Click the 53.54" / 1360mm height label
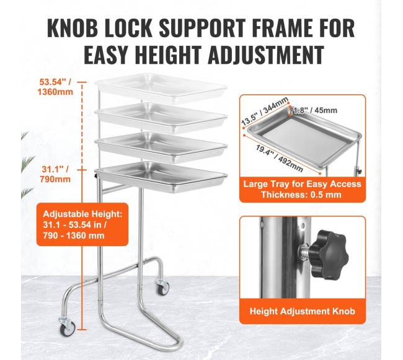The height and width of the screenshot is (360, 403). (x=55, y=87)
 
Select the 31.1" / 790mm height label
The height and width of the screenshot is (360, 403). (x=55, y=174)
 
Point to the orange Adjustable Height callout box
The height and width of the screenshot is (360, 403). (x=82, y=224)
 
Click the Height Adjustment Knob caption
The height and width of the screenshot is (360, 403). (x=303, y=311)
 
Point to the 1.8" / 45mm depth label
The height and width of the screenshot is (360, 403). (x=315, y=110)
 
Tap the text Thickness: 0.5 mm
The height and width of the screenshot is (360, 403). (x=301, y=195)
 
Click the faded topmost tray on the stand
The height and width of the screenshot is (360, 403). (x=161, y=87)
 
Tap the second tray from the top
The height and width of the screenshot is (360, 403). (x=161, y=117)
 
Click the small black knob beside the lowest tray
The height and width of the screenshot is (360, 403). (x=95, y=176)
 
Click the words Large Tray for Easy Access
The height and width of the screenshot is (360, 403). (x=303, y=184)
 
